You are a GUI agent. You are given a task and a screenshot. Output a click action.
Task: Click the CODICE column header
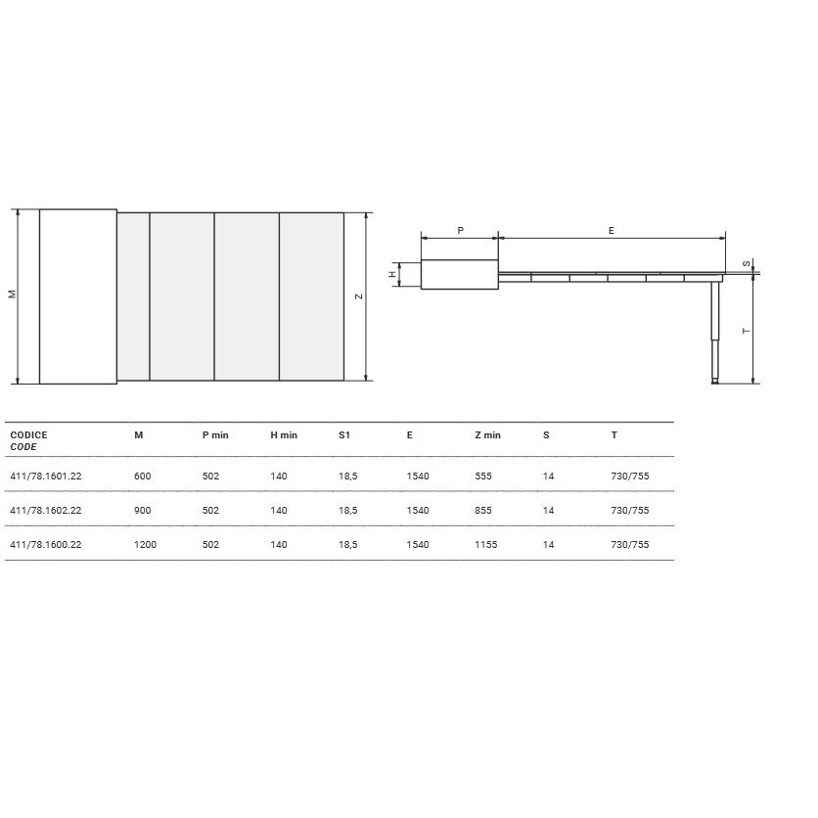click(x=28, y=435)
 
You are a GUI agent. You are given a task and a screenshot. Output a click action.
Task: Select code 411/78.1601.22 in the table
click(x=46, y=476)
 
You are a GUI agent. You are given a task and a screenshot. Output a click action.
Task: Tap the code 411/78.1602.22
click(x=46, y=510)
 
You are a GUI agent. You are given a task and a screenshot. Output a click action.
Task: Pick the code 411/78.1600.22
click(x=46, y=545)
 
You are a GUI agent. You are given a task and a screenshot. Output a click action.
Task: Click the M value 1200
click(x=145, y=545)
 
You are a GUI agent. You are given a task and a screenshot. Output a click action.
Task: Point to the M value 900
click(x=143, y=510)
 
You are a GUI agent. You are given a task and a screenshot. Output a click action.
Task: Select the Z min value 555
click(x=483, y=476)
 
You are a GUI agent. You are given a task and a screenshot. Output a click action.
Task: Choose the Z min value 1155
click(x=485, y=545)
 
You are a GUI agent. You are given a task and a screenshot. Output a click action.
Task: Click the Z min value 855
click(x=483, y=510)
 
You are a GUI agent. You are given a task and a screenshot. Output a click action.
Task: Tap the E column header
click(x=410, y=435)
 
